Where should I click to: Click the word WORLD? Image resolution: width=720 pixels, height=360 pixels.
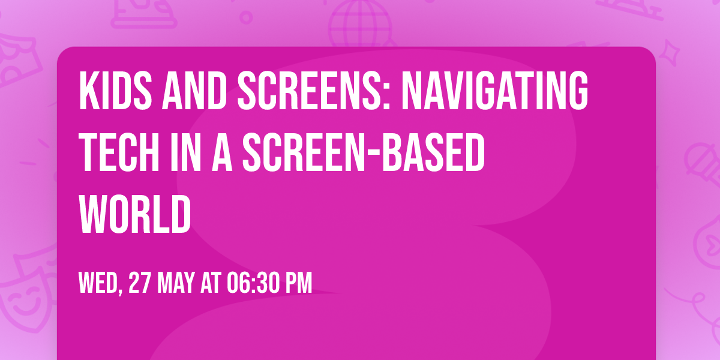point(134,214)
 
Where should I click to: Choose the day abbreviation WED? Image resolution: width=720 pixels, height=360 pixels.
point(99,283)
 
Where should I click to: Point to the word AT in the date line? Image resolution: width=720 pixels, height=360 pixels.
point(211,283)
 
